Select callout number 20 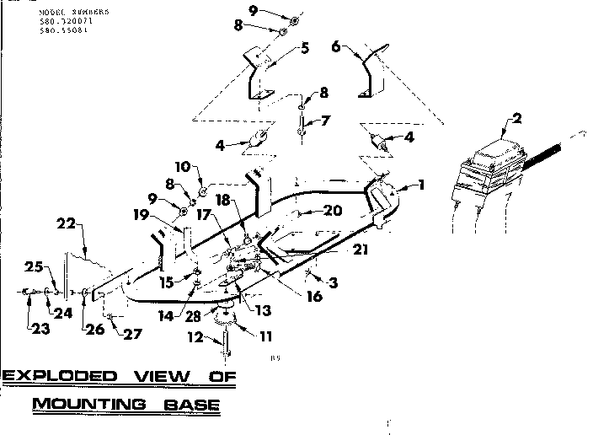[x=334, y=211]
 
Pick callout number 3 [x=334, y=284]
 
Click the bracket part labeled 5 [x=259, y=76]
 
